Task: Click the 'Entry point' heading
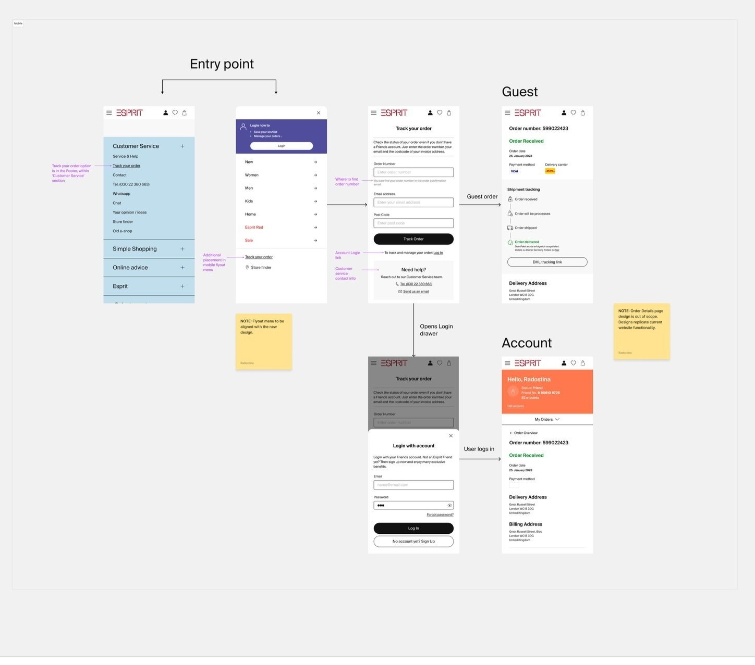(222, 64)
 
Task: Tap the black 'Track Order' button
(413, 239)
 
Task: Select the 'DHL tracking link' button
(547, 262)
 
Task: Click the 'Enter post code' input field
(413, 223)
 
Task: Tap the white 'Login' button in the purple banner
(282, 146)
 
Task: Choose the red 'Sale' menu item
(249, 241)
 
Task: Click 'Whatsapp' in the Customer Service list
(121, 194)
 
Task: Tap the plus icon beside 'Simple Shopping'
(182, 249)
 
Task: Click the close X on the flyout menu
(319, 113)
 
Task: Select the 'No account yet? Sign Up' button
(413, 542)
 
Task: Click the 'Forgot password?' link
(440, 515)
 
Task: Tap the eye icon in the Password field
(449, 505)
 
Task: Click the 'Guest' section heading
(519, 92)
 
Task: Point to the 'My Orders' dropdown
(547, 419)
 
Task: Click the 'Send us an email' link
(416, 292)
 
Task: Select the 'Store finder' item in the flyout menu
(261, 268)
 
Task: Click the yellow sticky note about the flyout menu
(264, 341)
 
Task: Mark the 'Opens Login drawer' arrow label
(436, 330)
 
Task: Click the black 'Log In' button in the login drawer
(413, 528)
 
